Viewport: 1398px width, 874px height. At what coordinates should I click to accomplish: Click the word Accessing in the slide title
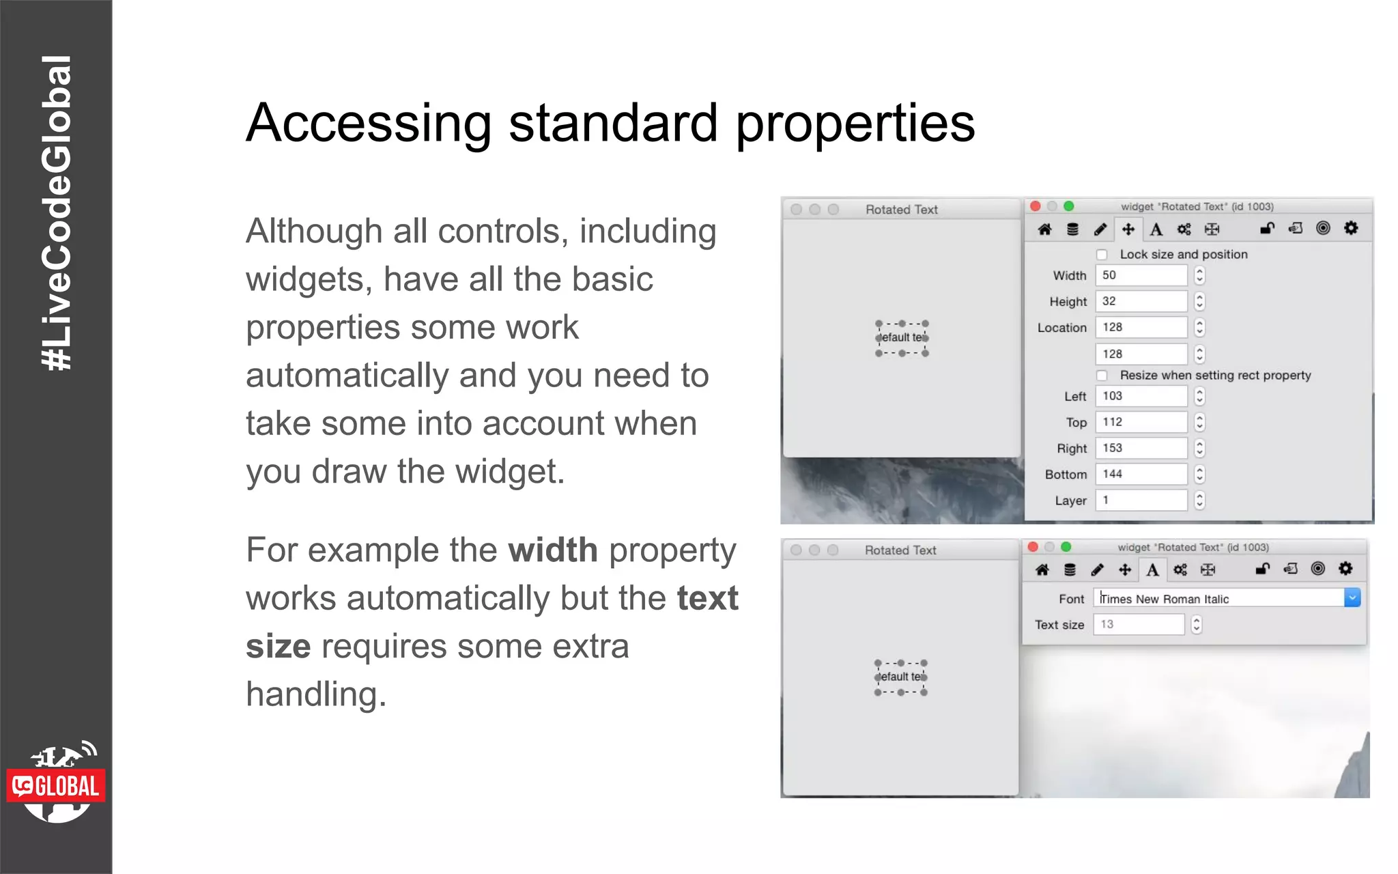[369, 124]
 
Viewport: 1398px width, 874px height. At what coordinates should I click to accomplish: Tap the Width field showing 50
[1141, 275]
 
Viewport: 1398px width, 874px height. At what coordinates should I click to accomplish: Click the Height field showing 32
[1141, 301]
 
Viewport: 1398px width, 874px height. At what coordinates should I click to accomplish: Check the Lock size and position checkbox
[1102, 255]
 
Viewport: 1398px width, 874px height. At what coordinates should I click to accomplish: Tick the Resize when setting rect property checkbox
[1102, 376]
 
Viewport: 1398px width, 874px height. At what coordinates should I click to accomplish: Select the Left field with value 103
[1141, 396]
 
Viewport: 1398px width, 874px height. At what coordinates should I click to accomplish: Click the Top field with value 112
[1141, 422]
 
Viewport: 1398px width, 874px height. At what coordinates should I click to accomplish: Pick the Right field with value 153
[1141, 448]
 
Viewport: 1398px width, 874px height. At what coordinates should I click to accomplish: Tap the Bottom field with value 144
[1141, 474]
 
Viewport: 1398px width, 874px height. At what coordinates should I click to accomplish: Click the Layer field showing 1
[1141, 500]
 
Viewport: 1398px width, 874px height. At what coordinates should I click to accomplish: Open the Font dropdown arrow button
[1352, 598]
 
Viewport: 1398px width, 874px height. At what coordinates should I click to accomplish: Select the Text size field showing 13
[1138, 624]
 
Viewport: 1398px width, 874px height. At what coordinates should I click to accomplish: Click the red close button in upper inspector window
[1036, 206]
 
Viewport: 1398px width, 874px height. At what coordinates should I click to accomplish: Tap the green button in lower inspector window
[1066, 547]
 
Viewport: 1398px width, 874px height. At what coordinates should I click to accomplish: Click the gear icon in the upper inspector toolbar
[1351, 228]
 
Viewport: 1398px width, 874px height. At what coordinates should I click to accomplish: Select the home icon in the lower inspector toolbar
[1042, 569]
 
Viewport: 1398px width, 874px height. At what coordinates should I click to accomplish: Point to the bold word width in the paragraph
[552, 550]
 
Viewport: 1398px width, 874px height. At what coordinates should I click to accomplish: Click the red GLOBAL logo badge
[56, 786]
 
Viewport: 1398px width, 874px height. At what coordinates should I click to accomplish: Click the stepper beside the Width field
[1199, 275]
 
